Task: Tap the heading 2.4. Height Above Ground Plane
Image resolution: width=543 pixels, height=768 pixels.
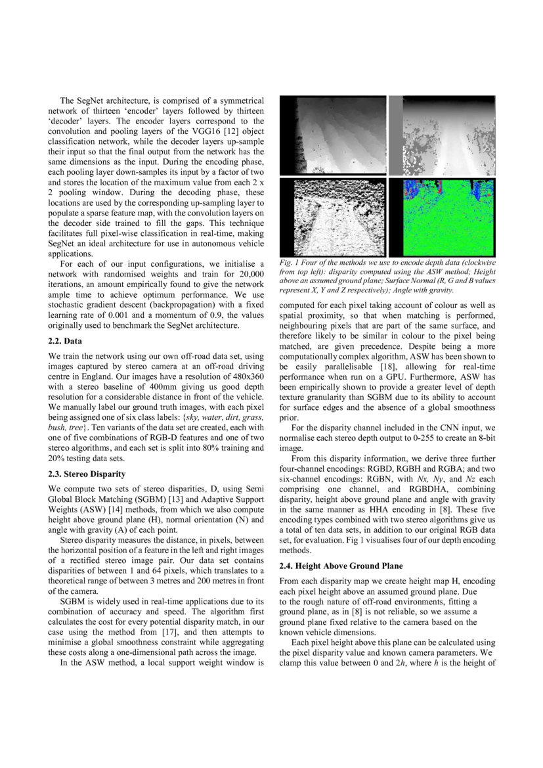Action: [x=341, y=566]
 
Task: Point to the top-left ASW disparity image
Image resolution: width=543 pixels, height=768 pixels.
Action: [x=332, y=135]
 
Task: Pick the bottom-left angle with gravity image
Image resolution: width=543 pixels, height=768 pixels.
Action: [x=332, y=217]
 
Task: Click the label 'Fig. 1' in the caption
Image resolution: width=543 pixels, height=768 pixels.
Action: [x=289, y=263]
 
